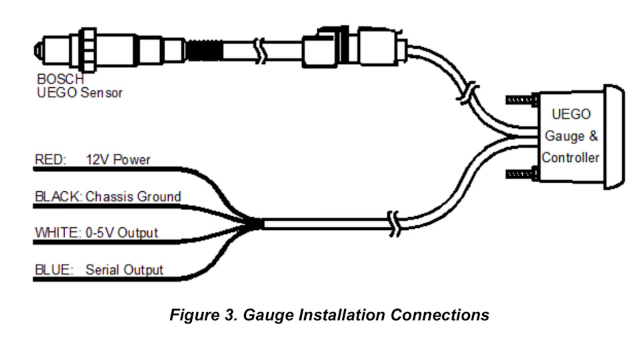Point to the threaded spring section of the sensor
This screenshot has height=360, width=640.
203,50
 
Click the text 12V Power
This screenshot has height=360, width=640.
118,160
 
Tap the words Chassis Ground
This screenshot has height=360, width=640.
133,197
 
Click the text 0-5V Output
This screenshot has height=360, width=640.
122,233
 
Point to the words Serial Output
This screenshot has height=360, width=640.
124,270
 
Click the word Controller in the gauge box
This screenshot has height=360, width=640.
571,158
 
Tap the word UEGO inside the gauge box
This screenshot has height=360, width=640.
571,114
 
